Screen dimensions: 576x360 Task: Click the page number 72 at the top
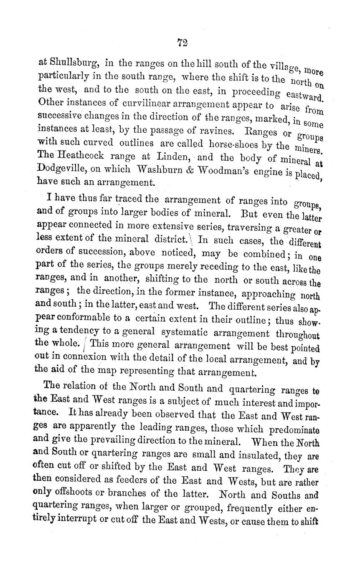[x=182, y=42]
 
